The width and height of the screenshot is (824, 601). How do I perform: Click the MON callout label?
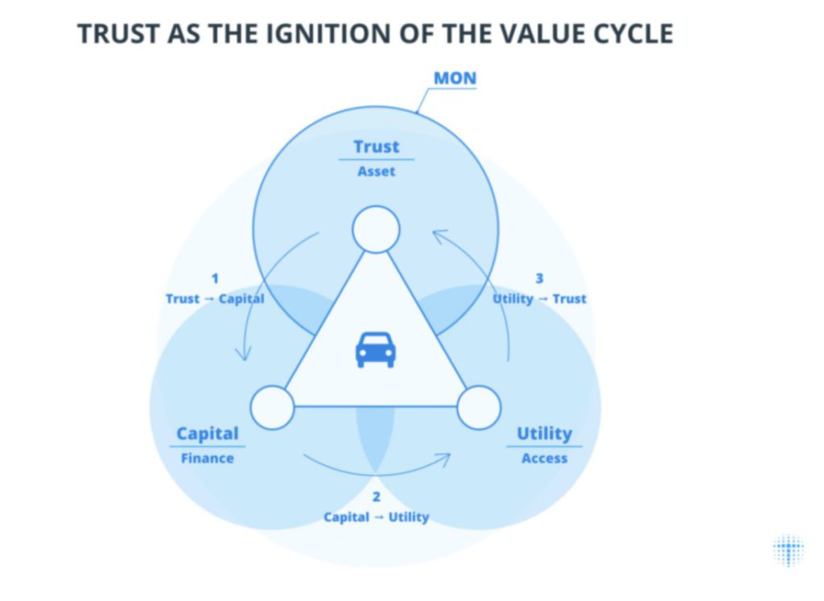click(x=455, y=79)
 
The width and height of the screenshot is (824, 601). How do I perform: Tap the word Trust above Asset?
click(x=376, y=146)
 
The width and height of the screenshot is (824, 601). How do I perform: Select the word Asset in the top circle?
click(x=377, y=171)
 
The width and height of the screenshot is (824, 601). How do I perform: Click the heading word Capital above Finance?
click(x=208, y=434)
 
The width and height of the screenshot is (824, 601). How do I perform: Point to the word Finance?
click(x=208, y=459)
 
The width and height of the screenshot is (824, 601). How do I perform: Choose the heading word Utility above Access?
click(x=544, y=434)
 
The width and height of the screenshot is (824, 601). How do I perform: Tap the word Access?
click(x=544, y=459)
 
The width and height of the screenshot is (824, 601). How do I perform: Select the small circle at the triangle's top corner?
click(x=376, y=229)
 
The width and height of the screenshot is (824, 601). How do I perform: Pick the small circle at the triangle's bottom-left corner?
click(x=273, y=407)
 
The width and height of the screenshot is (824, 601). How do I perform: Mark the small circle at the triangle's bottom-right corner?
click(x=479, y=407)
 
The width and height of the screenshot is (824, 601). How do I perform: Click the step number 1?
click(x=215, y=278)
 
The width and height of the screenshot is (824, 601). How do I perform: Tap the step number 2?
click(x=376, y=497)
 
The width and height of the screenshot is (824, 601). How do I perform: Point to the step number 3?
click(x=539, y=278)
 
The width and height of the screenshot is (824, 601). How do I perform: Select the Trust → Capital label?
click(x=215, y=299)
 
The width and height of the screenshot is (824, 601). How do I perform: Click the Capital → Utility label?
click(x=376, y=517)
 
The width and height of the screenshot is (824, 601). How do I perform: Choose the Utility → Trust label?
click(x=539, y=299)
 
